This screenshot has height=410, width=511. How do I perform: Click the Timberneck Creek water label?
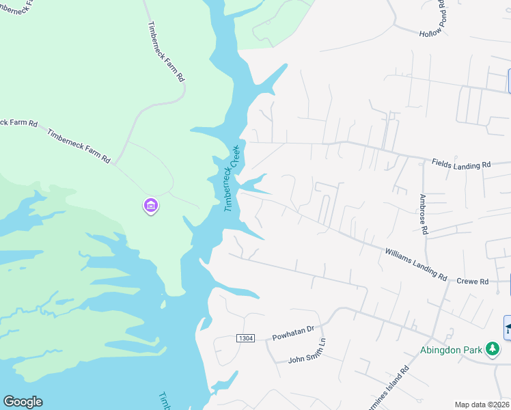coord(233,178)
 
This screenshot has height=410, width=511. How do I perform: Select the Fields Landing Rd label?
coord(461,164)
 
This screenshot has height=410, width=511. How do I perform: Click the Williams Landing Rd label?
coord(415,264)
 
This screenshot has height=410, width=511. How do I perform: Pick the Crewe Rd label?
coord(473,282)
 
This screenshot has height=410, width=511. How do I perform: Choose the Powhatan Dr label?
coord(292,333)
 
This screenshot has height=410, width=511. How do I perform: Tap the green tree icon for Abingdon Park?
coord(492,349)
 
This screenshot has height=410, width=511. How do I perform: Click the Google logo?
coord(23,402)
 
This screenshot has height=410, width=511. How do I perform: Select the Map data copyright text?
coord(482,405)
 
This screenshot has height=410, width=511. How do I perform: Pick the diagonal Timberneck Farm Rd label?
coord(79,145)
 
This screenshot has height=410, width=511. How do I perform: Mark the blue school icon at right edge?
coord(508,328)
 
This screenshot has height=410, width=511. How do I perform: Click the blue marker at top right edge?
coord(509,81)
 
